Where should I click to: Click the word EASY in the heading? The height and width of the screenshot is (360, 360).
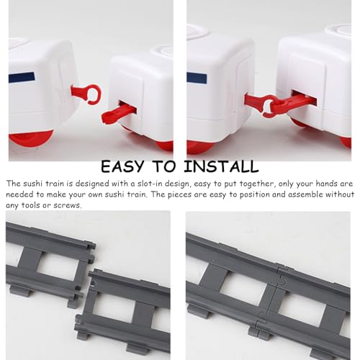(122, 166)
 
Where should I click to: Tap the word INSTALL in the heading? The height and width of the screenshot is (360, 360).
(221, 166)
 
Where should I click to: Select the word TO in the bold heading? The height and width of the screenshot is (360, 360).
(164, 166)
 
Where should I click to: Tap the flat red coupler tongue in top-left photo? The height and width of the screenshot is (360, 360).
(117, 114)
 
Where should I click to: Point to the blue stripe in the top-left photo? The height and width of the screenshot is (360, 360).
(22, 77)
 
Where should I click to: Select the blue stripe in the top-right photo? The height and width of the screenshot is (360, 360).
(197, 78)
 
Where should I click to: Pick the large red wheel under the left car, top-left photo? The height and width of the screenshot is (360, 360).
(31, 138)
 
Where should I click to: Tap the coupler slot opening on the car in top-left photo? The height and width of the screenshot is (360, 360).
(127, 107)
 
